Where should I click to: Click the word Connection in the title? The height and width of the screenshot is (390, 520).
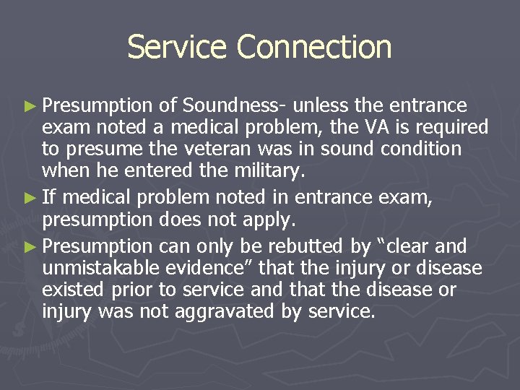(x=313, y=48)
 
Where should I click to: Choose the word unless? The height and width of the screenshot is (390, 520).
(x=321, y=106)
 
